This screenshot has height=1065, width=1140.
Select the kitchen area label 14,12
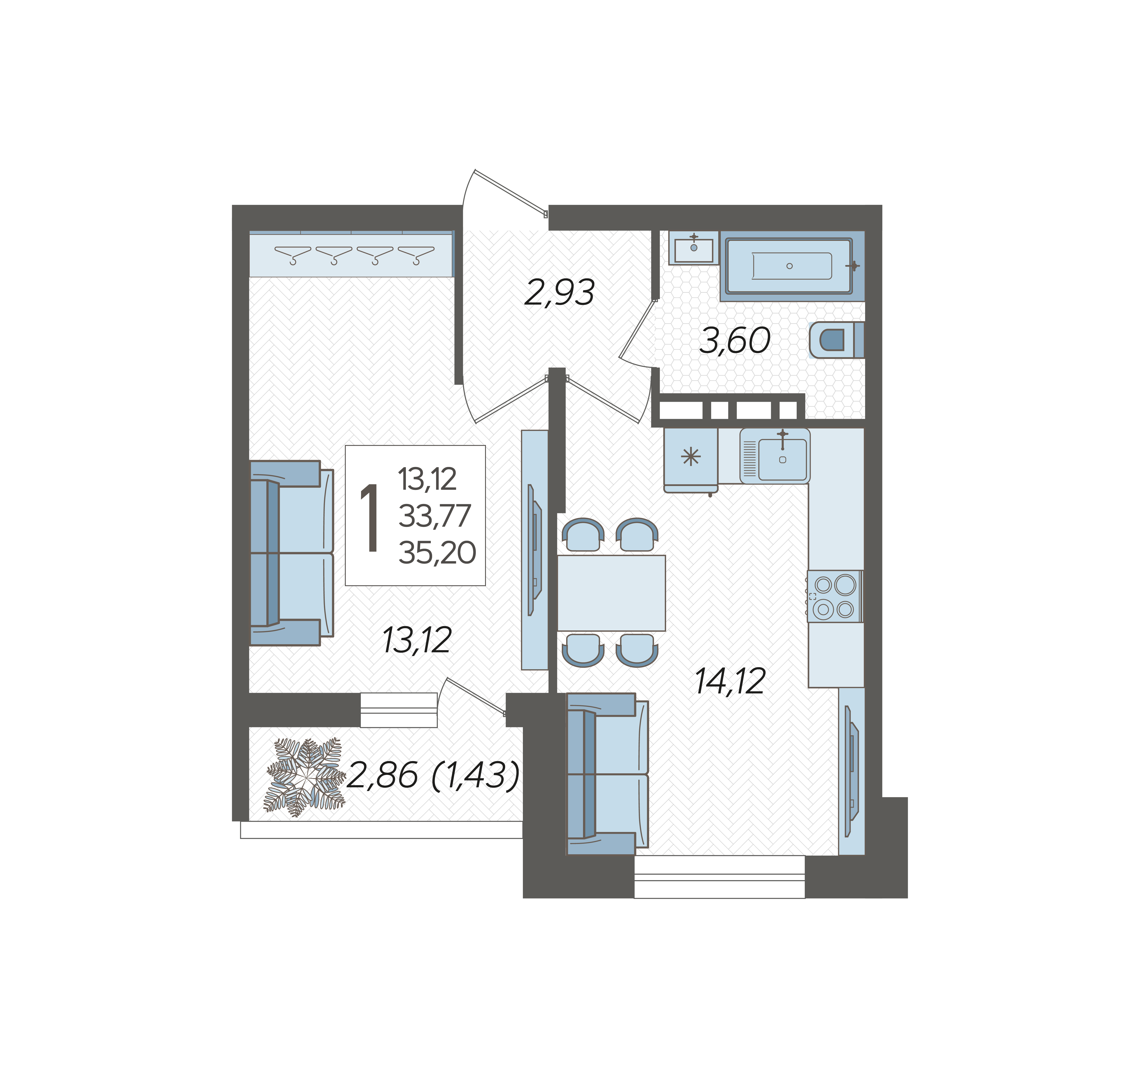[x=730, y=682]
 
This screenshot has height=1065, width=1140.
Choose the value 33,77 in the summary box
[x=435, y=516]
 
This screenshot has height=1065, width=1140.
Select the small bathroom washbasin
[x=693, y=248]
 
